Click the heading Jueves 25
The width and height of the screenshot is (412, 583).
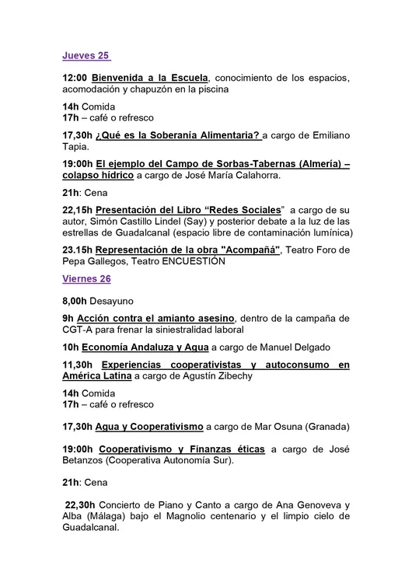click(x=86, y=56)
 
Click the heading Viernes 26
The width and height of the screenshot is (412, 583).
click(x=86, y=278)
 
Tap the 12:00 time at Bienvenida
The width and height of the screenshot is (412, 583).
click(x=75, y=78)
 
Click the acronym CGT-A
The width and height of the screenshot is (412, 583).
click(x=79, y=330)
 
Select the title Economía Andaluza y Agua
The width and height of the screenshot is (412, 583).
click(x=145, y=347)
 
